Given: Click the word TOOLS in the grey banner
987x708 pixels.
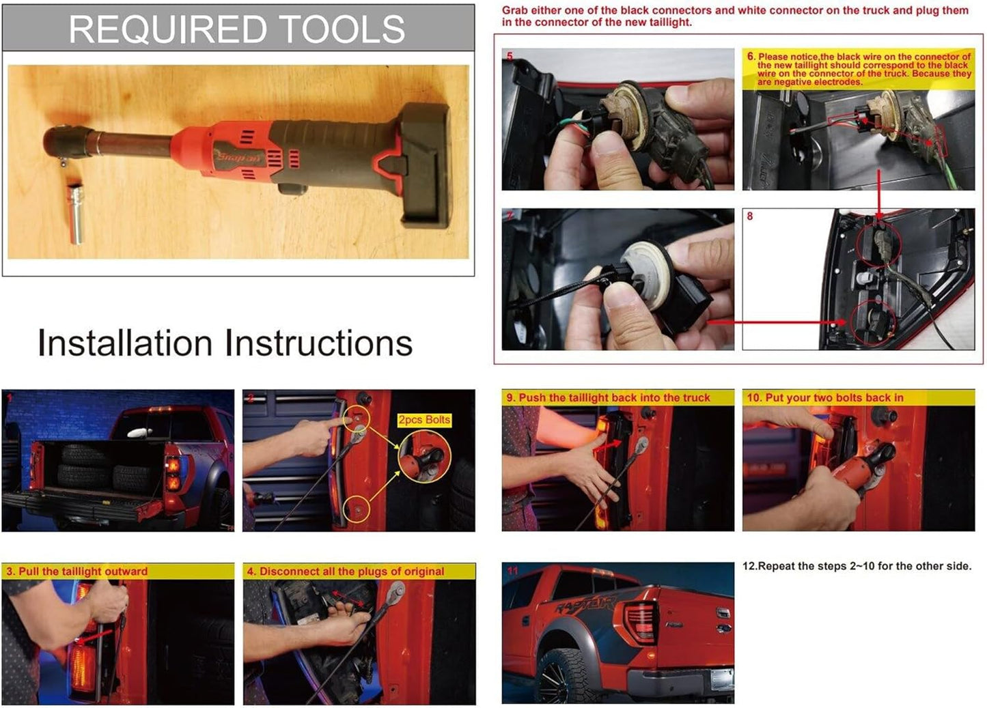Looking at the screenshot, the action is coord(342,29).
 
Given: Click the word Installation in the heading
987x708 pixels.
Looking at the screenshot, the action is coord(125,343).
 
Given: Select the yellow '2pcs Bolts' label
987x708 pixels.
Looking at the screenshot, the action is coord(424,420).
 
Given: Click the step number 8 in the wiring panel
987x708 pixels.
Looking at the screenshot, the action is coord(749,216).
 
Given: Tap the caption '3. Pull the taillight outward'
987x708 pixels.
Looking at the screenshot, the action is coord(77,571).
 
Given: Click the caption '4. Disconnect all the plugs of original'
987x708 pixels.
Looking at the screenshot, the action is coord(346,571).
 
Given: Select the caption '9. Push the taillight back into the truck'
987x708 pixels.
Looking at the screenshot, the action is coord(608,397).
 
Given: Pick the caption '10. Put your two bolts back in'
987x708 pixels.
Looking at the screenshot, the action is coord(825,397).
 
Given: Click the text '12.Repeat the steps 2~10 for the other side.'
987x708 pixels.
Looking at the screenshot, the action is coord(857,566).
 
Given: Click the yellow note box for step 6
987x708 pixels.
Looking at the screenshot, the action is coord(859,69).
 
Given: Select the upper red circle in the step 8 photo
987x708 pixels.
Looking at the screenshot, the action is coord(878,244).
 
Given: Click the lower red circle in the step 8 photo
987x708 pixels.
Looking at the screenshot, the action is coord(874,322).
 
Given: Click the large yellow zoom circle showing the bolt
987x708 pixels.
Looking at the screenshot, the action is coord(424,457).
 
